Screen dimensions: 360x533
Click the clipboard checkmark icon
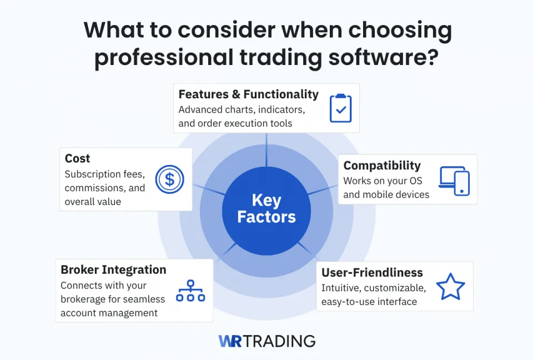[340, 108]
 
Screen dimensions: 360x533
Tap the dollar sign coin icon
[169, 179]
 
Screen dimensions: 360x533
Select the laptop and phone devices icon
[454, 181]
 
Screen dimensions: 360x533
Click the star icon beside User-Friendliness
[450, 287]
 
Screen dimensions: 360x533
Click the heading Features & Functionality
[249, 94]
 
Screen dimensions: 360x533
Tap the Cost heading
[77, 159]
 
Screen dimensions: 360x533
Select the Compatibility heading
[382, 166]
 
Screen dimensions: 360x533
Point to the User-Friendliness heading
[372, 273]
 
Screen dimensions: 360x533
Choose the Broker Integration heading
[113, 269]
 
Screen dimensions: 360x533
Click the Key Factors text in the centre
[266, 208]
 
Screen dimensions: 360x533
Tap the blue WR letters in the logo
[230, 341]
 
